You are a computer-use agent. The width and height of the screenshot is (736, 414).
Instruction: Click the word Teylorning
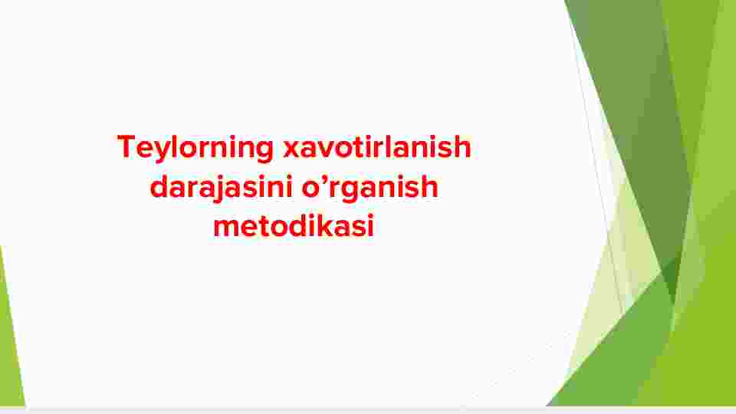point(195,148)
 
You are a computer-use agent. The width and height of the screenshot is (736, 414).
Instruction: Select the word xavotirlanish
point(377,147)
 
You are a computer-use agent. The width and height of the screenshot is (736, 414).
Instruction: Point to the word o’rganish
point(370,189)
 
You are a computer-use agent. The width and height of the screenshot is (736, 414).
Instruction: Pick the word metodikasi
point(294,225)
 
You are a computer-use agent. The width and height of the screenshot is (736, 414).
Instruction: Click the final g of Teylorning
point(264,153)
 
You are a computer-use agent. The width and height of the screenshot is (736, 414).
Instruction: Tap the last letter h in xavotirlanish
point(462,147)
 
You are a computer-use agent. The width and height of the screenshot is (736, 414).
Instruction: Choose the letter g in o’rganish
point(352,192)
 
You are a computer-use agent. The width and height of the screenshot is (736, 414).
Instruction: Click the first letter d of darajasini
point(159,187)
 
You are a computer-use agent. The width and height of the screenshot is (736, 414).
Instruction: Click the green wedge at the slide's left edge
point(10,338)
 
